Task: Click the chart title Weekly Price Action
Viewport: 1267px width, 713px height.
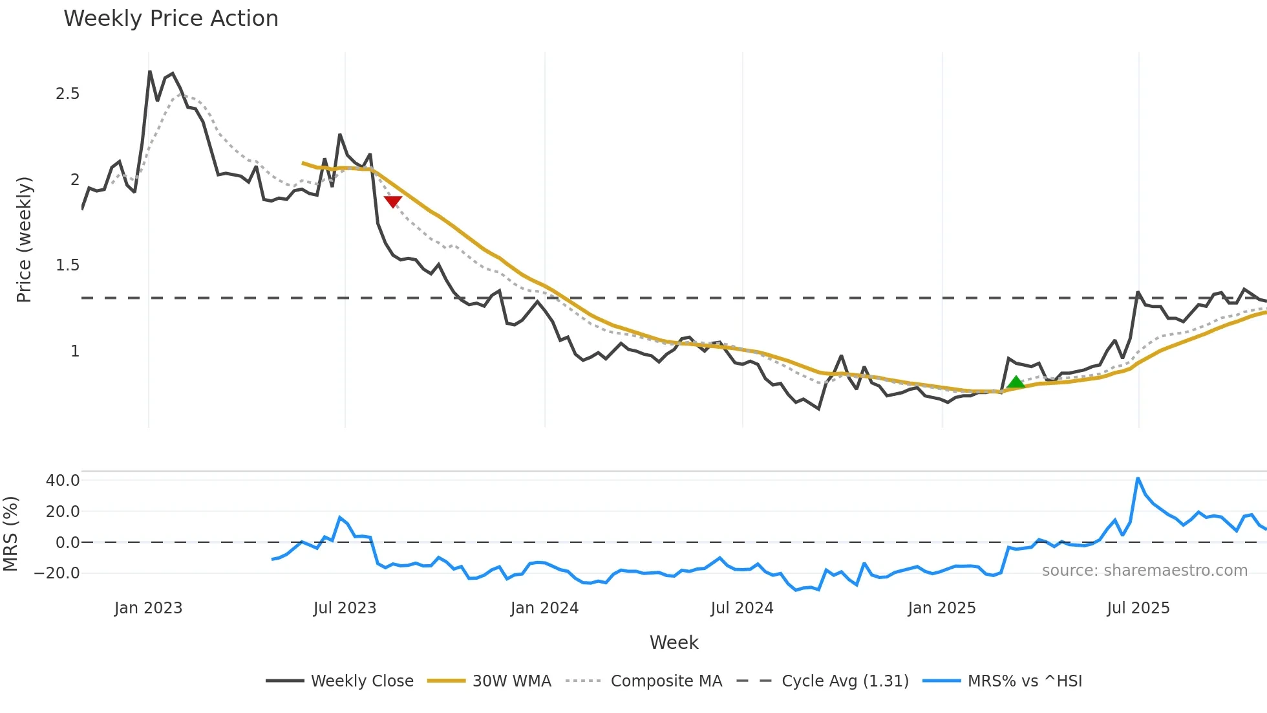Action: [x=171, y=19]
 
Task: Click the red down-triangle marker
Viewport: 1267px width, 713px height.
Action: [x=393, y=201]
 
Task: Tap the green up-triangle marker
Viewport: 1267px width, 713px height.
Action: [x=1016, y=382]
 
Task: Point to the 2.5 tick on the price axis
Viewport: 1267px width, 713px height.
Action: [x=67, y=94]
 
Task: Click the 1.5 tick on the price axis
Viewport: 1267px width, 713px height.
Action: [x=67, y=265]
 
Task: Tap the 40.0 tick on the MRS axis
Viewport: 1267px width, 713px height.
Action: [x=63, y=481]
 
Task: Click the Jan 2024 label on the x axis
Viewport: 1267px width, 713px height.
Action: [x=544, y=608]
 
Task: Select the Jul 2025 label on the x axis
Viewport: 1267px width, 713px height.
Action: [x=1138, y=608]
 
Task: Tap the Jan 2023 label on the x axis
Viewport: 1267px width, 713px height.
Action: [x=149, y=608]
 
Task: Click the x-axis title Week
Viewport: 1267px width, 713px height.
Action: [x=674, y=642]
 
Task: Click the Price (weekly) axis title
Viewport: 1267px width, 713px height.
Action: [x=24, y=239]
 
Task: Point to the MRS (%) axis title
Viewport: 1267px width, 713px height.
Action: [x=10, y=534]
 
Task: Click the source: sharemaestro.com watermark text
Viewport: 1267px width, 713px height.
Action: [x=1144, y=571]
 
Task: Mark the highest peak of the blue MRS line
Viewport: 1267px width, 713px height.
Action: [x=1138, y=479]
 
